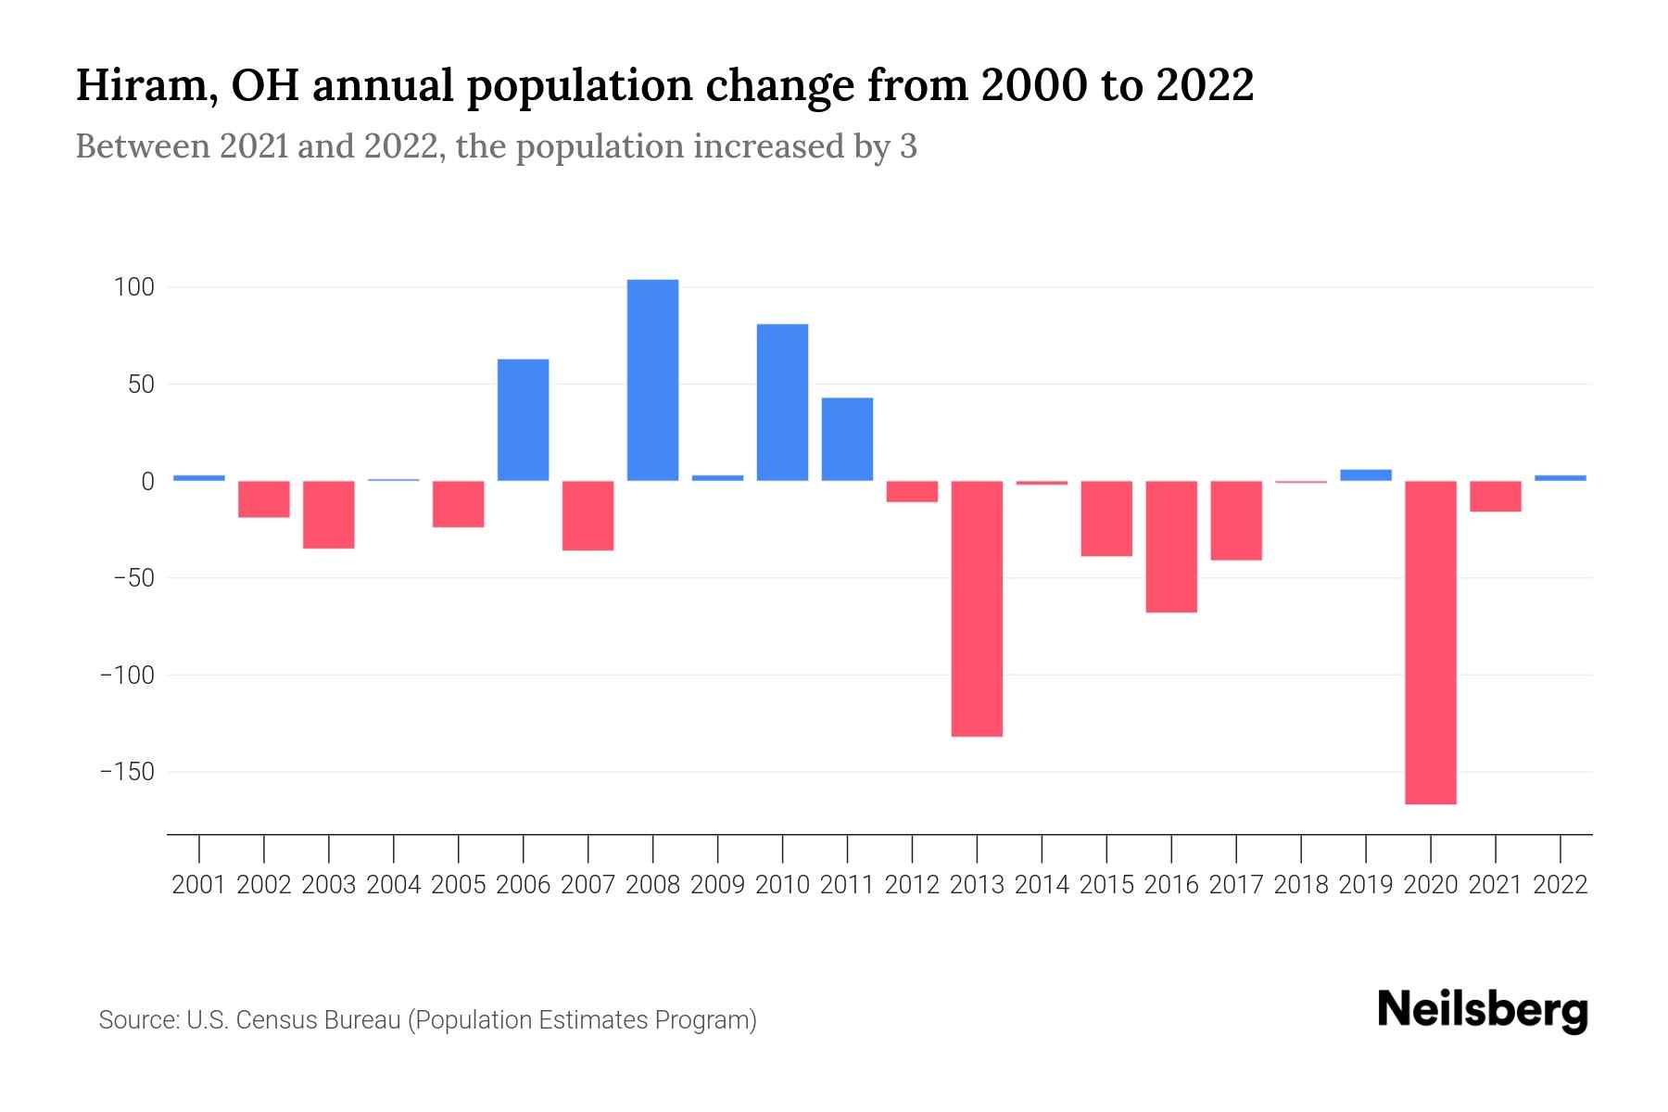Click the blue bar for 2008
(652, 380)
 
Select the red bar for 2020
(1430, 642)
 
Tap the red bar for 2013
(977, 609)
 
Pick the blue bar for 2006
(523, 420)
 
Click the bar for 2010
(782, 402)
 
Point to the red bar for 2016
(1171, 547)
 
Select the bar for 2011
(847, 439)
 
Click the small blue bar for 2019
(1365, 474)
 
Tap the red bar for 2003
(329, 514)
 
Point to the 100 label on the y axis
(133, 287)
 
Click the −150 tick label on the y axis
(127, 772)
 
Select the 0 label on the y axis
(146, 481)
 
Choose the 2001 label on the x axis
(198, 885)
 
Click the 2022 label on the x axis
(1561, 885)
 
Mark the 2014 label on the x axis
(1042, 885)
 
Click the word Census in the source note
(276, 1020)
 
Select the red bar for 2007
(588, 515)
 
